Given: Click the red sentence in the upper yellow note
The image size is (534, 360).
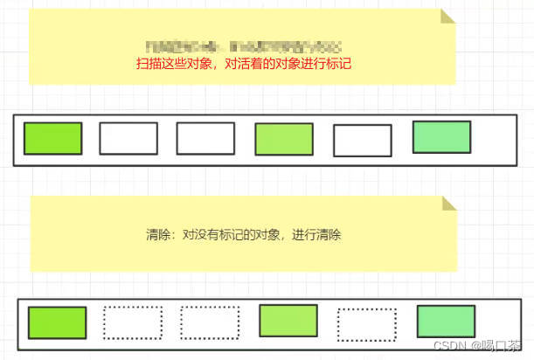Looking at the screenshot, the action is (x=243, y=64).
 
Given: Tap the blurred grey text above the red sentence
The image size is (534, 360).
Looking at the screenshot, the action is (x=243, y=45).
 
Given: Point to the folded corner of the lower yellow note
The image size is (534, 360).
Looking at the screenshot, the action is (x=449, y=203).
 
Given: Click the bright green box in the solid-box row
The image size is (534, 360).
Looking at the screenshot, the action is (x=52, y=138).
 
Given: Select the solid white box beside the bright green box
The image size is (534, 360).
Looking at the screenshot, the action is (x=128, y=138).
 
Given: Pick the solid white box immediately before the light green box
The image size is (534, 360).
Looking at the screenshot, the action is (x=205, y=138).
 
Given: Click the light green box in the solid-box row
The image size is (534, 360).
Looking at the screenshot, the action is (x=284, y=140).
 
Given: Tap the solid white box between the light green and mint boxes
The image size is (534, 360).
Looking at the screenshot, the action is (x=363, y=141).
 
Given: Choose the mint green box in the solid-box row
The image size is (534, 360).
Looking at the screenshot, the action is (x=441, y=137).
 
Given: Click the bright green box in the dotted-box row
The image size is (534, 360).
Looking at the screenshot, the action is (x=57, y=322).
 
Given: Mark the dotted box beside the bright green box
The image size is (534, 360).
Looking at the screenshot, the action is (x=133, y=322).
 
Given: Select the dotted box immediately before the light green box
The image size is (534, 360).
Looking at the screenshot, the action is (x=210, y=322).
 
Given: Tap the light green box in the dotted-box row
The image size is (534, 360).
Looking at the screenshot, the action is (x=288, y=321).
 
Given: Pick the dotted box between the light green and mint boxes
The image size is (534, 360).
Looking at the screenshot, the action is (x=367, y=324).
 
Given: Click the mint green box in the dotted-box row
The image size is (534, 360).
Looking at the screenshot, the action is (x=446, y=322).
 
